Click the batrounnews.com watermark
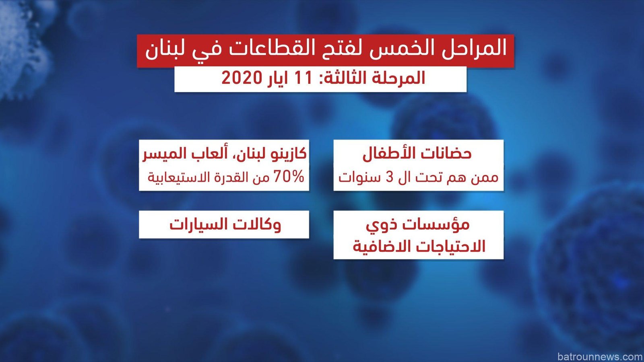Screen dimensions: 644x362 [x=600, y=356]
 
